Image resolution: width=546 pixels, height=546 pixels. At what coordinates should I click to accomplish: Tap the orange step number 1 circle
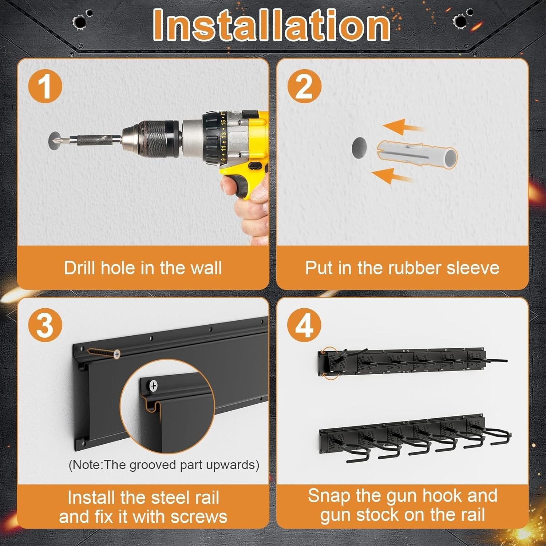[x=45, y=87]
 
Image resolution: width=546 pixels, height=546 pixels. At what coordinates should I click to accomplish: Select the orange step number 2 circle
[x=304, y=87]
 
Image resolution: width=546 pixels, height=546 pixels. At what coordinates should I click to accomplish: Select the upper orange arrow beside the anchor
[x=400, y=127]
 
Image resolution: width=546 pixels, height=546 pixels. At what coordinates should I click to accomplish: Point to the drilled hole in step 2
[x=359, y=148]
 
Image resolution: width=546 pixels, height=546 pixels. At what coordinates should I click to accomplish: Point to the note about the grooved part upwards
[x=164, y=465]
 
